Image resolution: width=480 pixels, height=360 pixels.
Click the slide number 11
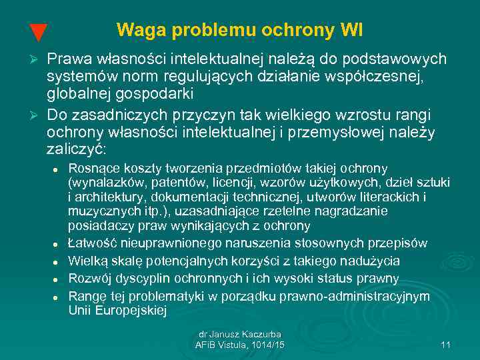[x=446, y=345]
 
